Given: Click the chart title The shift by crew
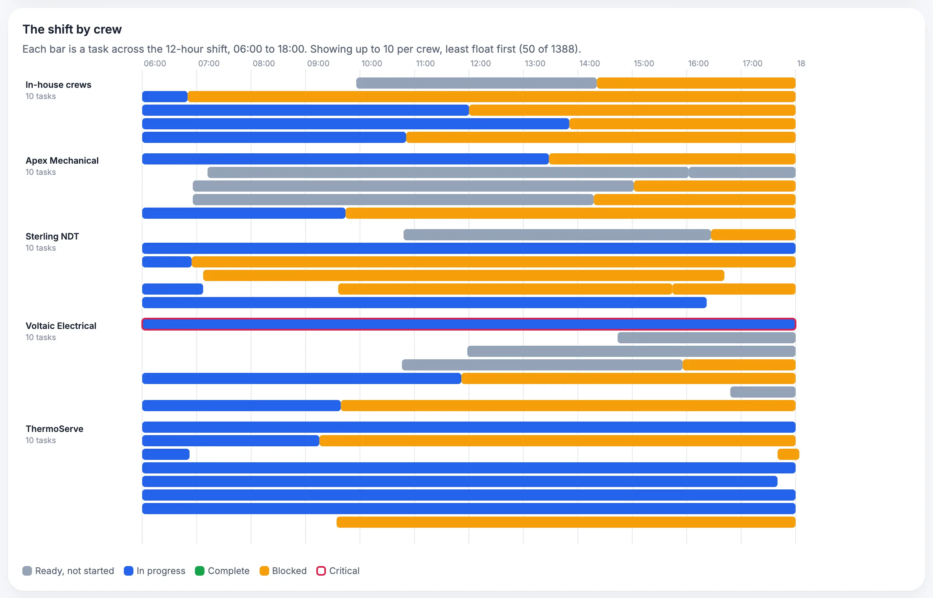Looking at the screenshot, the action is coord(72,29).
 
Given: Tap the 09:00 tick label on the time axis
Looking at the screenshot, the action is coord(318,63).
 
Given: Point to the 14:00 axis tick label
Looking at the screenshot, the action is coord(590,63).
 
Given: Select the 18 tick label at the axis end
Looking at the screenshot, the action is coord(801,63).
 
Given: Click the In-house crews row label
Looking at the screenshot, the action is coord(58,85).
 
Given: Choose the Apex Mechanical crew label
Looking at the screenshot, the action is coord(62,160).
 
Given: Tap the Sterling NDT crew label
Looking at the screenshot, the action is coord(52,236).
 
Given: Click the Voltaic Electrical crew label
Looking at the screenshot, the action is coord(61,326).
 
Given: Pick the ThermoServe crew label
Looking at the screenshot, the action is coord(54,429).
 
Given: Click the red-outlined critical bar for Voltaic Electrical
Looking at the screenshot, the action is coord(469,324).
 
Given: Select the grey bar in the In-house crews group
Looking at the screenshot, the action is coord(476,83).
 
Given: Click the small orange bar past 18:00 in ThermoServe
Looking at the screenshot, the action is coord(788,454).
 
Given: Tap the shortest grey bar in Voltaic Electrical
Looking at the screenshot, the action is coord(763,392).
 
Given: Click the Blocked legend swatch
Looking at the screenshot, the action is coord(264,571).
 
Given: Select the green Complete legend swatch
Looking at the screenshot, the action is coord(200,571).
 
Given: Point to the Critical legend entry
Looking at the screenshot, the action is coord(338,571).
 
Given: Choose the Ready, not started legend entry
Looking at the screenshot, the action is coord(68,571).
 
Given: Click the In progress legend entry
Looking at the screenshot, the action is coord(155,571).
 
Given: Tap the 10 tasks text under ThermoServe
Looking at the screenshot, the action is coord(41,440).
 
